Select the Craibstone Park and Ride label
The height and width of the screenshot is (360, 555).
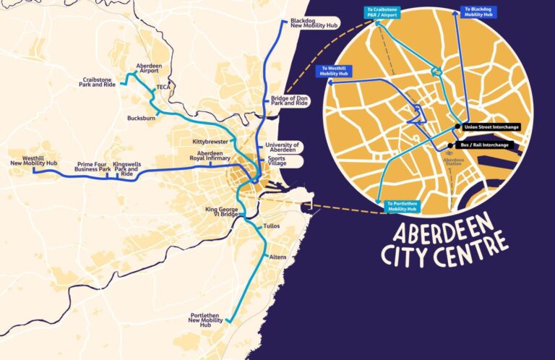[100, 84]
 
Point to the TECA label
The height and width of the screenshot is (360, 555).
[163, 87]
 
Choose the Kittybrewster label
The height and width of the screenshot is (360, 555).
[210, 140]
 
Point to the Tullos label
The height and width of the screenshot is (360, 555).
[272, 226]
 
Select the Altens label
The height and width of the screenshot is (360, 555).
[277, 257]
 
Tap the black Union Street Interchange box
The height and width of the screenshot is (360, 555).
[491, 127]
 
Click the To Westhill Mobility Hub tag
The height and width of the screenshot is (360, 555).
[334, 71]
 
